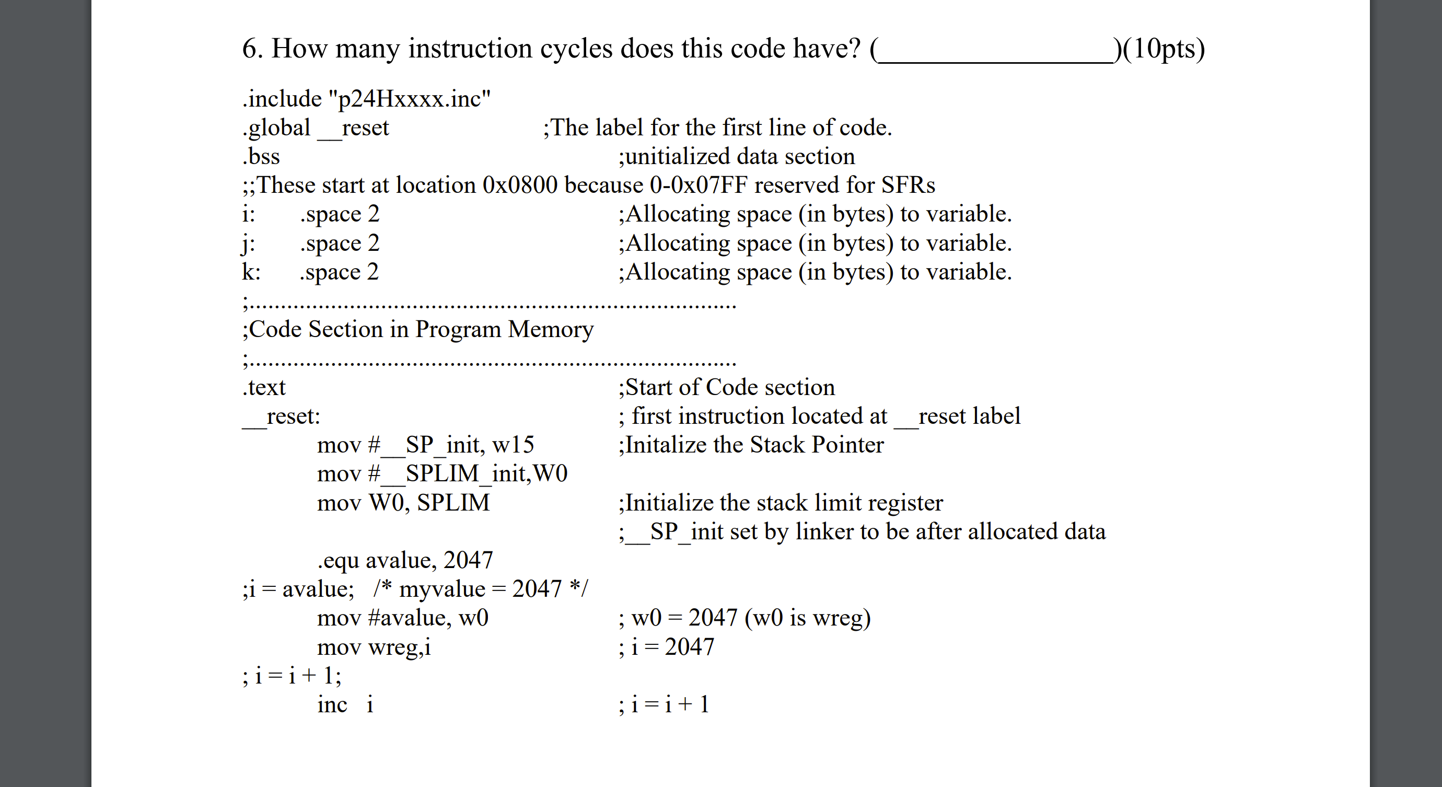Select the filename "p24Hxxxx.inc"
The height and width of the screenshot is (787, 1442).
[x=410, y=99]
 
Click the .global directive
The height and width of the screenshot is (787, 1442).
[x=276, y=128]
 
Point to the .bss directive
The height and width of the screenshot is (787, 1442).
[x=261, y=157]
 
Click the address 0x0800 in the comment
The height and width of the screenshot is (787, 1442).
[x=519, y=186]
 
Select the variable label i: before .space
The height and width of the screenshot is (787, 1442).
[x=249, y=214]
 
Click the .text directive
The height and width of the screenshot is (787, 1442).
[x=264, y=387]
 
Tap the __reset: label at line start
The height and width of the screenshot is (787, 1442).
[x=282, y=416]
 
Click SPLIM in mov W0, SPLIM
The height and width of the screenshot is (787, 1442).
[x=453, y=503]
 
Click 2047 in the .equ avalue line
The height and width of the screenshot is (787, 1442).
[x=468, y=560]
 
